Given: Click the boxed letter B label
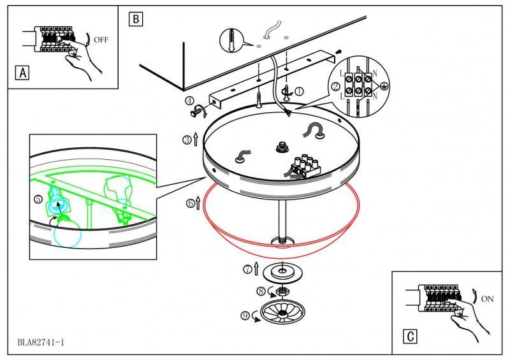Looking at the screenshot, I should click(x=135, y=18).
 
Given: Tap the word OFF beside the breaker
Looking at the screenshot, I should click(x=101, y=39).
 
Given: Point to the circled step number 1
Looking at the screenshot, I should click(x=299, y=92).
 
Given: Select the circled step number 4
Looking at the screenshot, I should click(x=190, y=101).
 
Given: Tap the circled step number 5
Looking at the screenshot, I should click(x=38, y=199).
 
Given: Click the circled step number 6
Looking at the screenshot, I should click(x=190, y=203).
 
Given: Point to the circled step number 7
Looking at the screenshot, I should click(x=247, y=269).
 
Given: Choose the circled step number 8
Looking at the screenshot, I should click(x=260, y=291).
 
